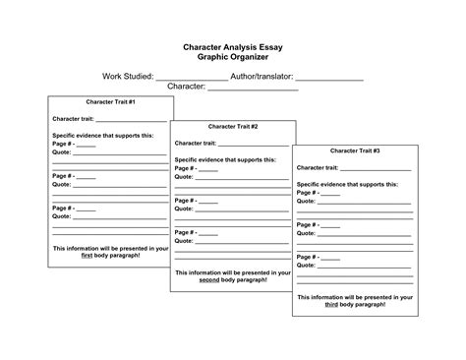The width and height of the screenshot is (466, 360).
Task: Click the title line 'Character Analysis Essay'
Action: [232, 45]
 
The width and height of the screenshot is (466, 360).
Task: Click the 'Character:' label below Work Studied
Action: [186, 87]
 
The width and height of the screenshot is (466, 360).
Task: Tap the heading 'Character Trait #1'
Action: [109, 102]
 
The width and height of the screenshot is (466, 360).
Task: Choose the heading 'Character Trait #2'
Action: [233, 127]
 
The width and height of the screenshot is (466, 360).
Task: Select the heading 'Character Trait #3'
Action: [355, 150]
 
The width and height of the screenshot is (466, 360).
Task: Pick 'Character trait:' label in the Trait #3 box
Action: [320, 167]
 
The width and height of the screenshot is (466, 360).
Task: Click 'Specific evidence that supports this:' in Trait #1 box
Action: [102, 135]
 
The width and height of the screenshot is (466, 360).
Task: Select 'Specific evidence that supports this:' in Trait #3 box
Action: [347, 184]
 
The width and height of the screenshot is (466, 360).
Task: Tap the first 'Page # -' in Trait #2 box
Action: [186, 168]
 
